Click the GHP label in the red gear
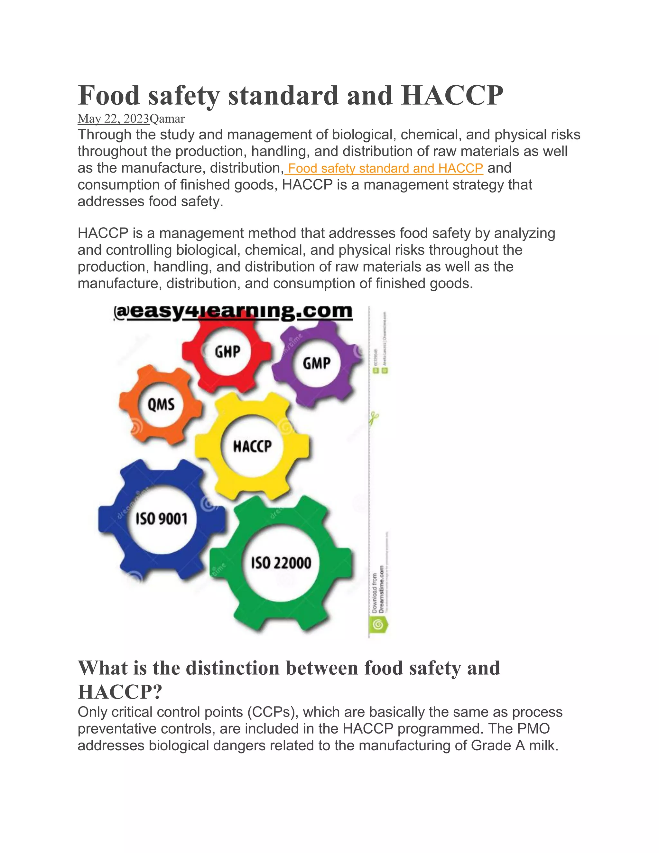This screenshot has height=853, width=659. point(227,352)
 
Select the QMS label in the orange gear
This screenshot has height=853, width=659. point(161,404)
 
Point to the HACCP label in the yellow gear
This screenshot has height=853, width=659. point(252,446)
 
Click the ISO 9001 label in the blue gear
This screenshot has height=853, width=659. point(162,519)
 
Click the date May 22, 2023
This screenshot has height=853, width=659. point(113,118)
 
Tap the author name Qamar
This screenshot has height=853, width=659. point(167,118)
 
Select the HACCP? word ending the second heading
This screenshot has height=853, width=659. point(120,692)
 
